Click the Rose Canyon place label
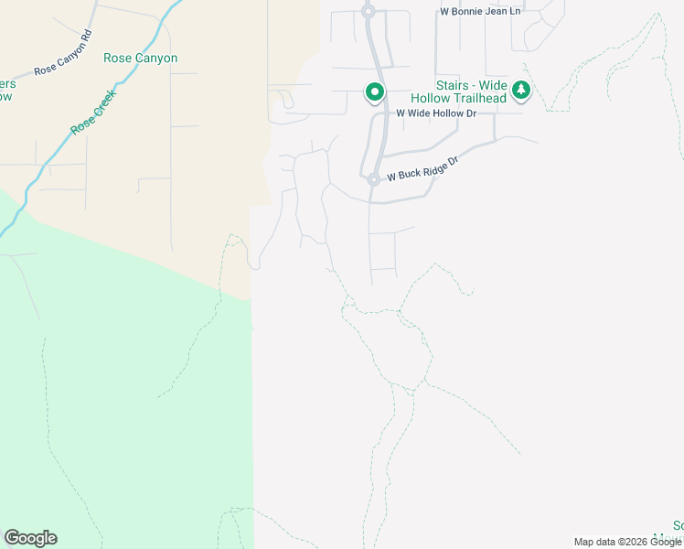140,58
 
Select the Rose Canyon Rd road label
63,57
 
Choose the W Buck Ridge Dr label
422,167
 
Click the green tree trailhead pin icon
521,90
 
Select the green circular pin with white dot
374,91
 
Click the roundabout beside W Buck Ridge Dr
374,179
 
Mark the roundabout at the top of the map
368,12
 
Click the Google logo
30,538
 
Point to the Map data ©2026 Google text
626,542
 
